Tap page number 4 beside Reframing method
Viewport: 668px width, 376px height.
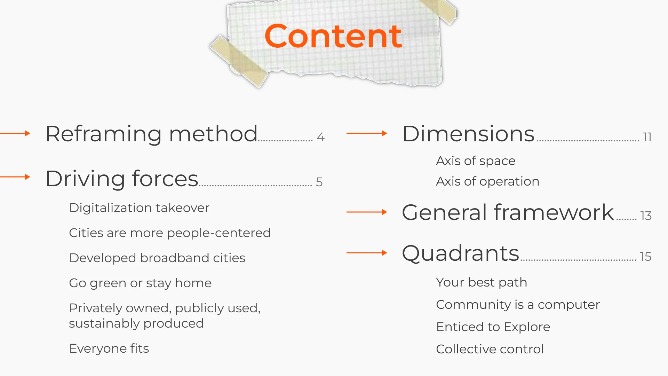pos(321,137)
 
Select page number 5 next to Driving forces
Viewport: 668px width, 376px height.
pos(319,182)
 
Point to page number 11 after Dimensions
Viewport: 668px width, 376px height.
pos(647,137)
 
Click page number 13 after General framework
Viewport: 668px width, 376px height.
pos(646,216)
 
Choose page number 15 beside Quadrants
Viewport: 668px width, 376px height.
pos(646,257)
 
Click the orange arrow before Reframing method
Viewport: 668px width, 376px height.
pos(15,133)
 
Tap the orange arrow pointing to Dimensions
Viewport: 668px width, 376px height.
pos(367,133)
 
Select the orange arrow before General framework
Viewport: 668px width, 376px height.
pos(367,212)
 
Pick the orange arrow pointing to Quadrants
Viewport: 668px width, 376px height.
pos(367,253)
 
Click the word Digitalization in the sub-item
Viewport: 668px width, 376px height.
pos(111,208)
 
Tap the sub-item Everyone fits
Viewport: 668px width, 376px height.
pos(109,348)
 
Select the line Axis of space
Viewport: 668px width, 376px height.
pos(476,161)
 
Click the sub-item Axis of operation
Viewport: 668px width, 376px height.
pos(488,181)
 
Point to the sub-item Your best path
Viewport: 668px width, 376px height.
pos(482,282)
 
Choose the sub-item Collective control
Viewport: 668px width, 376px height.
pos(490,349)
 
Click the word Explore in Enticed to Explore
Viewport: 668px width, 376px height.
pos(527,327)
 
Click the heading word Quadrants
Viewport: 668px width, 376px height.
pos(461,253)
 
